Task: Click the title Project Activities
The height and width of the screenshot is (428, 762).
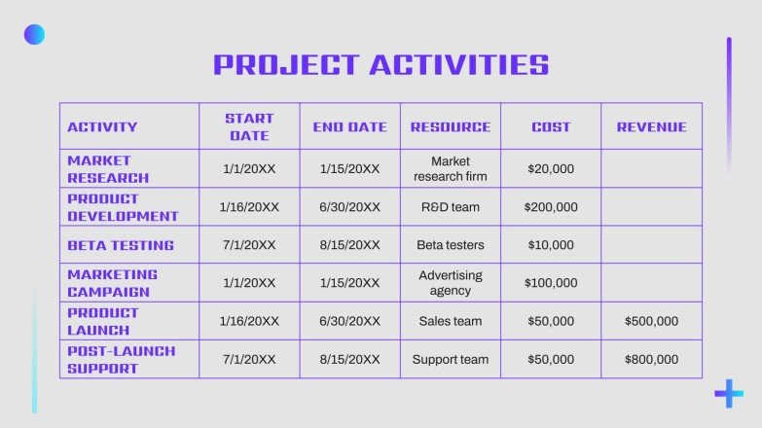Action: click(x=381, y=65)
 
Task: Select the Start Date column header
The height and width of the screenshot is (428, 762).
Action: click(x=249, y=126)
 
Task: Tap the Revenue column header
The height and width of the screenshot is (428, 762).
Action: click(x=651, y=126)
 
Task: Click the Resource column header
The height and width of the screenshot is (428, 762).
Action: click(x=451, y=126)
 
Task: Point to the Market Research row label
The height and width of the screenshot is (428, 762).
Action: click(x=108, y=168)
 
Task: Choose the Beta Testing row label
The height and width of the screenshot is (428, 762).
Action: click(x=121, y=245)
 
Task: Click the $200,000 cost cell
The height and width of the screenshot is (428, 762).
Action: click(x=551, y=207)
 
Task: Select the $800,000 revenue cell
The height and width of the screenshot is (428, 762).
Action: click(x=651, y=359)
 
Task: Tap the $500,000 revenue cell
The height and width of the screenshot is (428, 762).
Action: click(x=651, y=321)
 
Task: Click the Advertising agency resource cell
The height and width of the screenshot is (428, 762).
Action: click(x=451, y=283)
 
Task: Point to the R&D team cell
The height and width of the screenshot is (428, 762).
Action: click(x=451, y=207)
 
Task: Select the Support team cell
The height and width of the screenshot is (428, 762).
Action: click(x=451, y=359)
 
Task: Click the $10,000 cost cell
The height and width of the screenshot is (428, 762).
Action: click(x=551, y=245)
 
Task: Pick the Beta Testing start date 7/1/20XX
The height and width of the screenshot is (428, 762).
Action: click(x=249, y=245)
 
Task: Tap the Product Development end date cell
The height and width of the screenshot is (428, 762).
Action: click(x=349, y=207)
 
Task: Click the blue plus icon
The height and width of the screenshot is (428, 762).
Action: click(x=728, y=393)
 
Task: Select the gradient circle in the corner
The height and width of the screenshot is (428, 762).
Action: click(x=34, y=35)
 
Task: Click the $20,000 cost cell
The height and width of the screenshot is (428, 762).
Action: click(x=551, y=168)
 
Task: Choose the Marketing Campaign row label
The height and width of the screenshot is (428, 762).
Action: click(x=112, y=283)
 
